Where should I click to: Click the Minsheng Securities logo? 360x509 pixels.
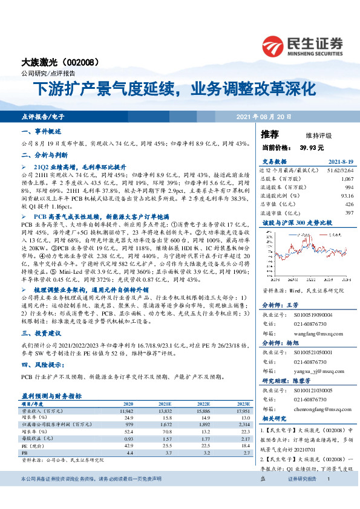(x=302, y=46)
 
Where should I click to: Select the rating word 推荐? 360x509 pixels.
(x=270, y=134)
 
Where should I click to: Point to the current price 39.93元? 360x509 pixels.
(x=312, y=147)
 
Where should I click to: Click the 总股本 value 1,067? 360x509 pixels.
(x=347, y=180)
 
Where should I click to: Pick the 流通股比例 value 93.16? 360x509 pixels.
(x=347, y=196)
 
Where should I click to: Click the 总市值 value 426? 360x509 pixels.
(x=349, y=204)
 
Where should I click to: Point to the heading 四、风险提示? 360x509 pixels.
(x=42, y=365)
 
